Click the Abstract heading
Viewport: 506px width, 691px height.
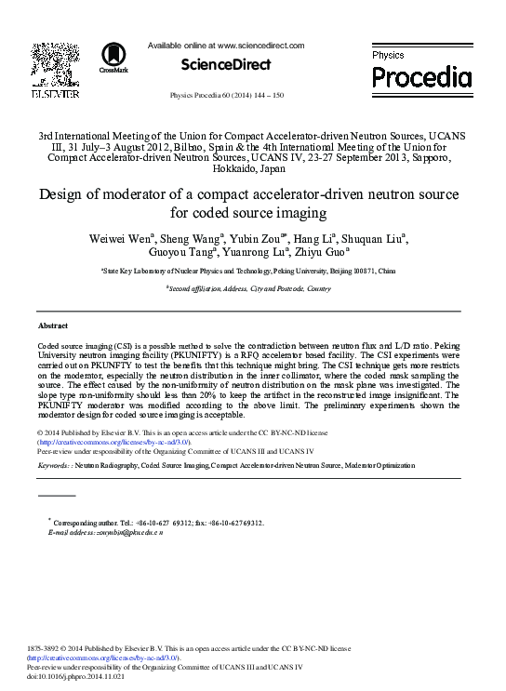click(52, 326)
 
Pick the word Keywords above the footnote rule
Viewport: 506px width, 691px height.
click(57, 464)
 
